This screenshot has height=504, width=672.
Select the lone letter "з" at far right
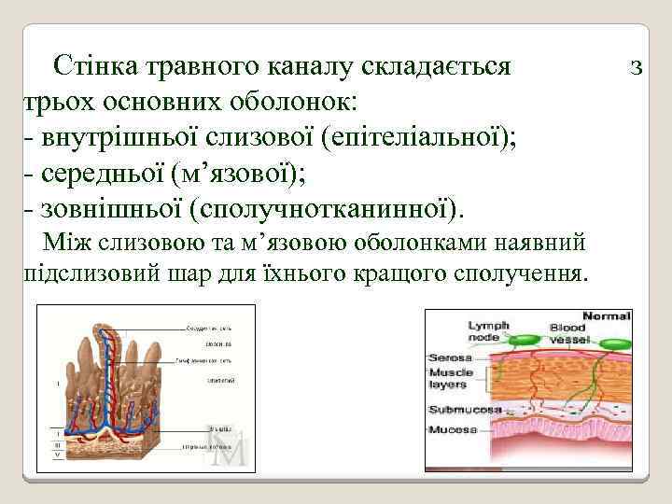coord(637,67)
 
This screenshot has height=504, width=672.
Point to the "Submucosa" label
coord(464,410)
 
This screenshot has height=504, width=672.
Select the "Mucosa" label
coord(453,429)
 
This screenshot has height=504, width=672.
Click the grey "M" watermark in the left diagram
coord(230,446)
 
